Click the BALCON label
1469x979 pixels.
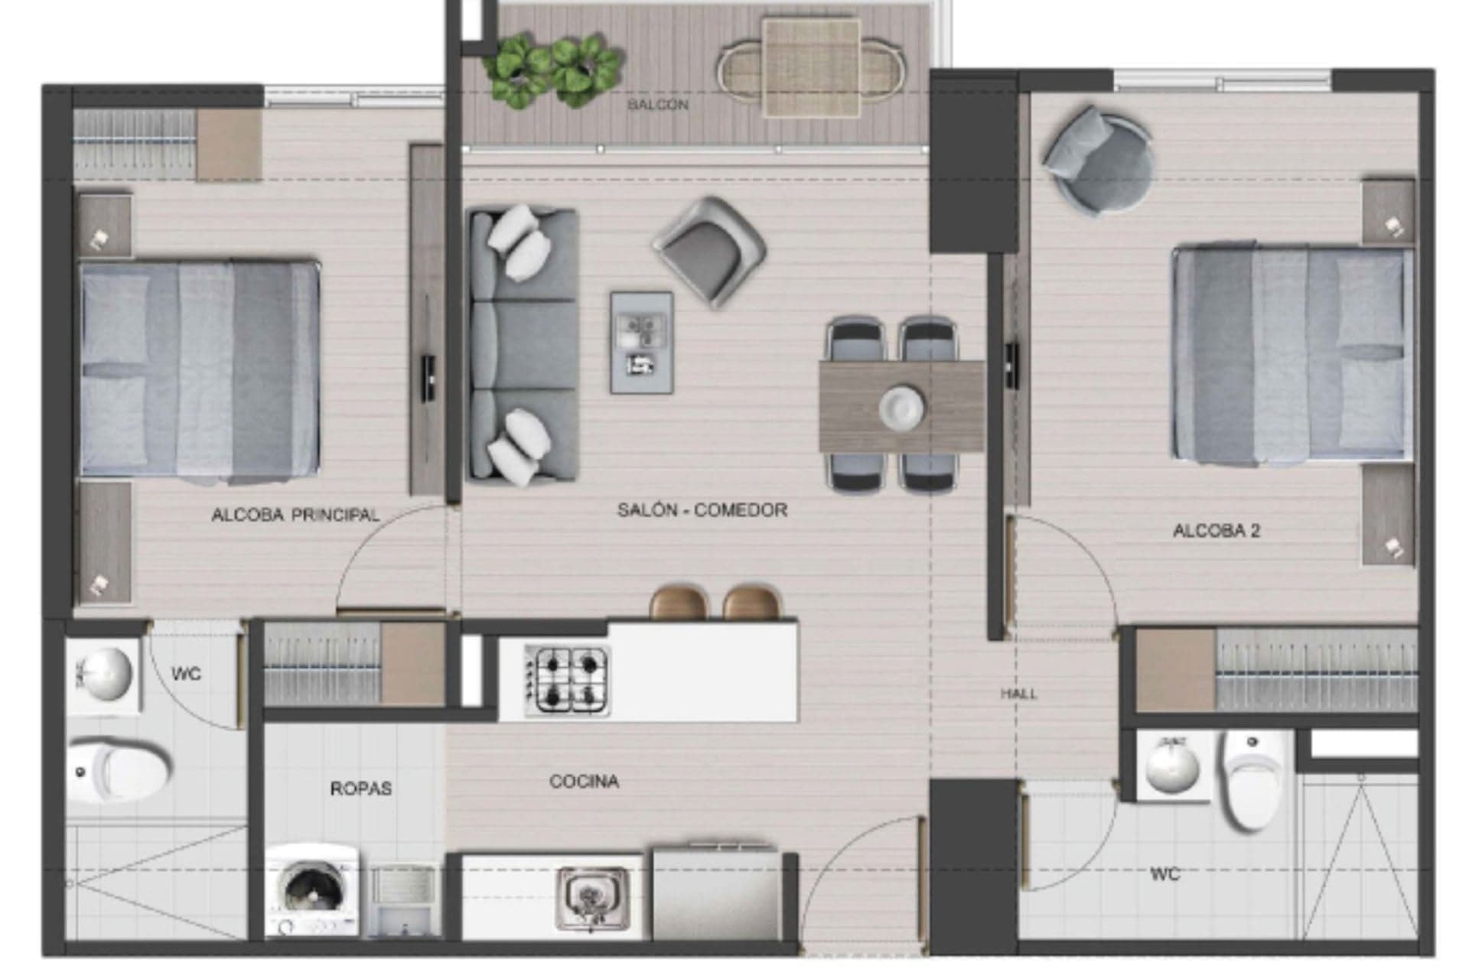(x=657, y=104)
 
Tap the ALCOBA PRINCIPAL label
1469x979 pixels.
(x=295, y=515)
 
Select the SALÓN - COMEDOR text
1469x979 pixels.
(x=702, y=510)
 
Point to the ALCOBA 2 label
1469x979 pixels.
(x=1216, y=531)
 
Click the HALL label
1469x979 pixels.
(x=1019, y=694)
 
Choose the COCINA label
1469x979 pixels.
(x=584, y=782)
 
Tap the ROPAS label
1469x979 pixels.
(x=361, y=789)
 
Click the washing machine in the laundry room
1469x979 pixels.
(x=313, y=890)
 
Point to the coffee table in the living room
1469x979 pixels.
(x=642, y=343)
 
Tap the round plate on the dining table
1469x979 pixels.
(x=901, y=406)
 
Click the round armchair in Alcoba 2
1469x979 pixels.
(x=1098, y=158)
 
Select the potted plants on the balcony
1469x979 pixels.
(x=552, y=68)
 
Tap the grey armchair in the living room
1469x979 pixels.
(x=709, y=253)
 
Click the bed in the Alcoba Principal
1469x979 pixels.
(x=200, y=369)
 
